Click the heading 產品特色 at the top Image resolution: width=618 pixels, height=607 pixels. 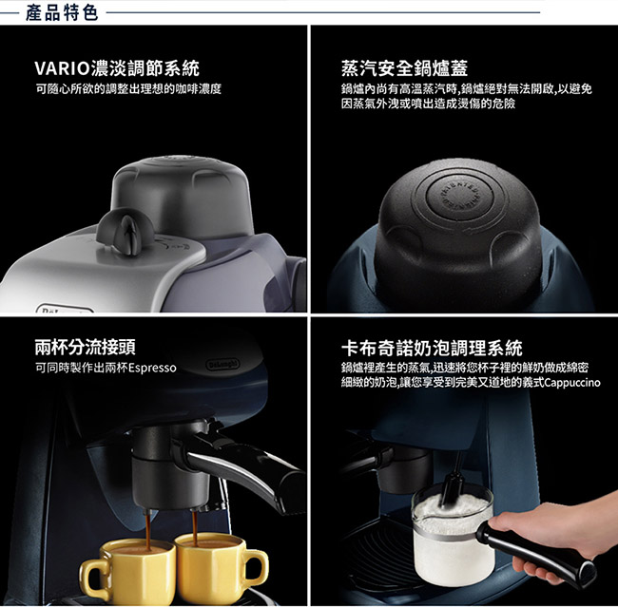point(62,12)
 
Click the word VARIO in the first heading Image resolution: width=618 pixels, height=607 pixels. point(63,68)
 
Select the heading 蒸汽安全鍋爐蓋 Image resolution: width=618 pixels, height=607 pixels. point(404,68)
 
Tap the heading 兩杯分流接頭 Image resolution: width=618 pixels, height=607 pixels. point(86,347)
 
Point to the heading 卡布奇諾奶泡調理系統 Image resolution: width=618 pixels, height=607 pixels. point(432,348)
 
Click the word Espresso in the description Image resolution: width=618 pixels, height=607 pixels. point(152,369)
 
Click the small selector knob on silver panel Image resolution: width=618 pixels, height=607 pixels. point(125,230)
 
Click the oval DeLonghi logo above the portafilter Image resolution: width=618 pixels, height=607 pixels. point(222,364)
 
